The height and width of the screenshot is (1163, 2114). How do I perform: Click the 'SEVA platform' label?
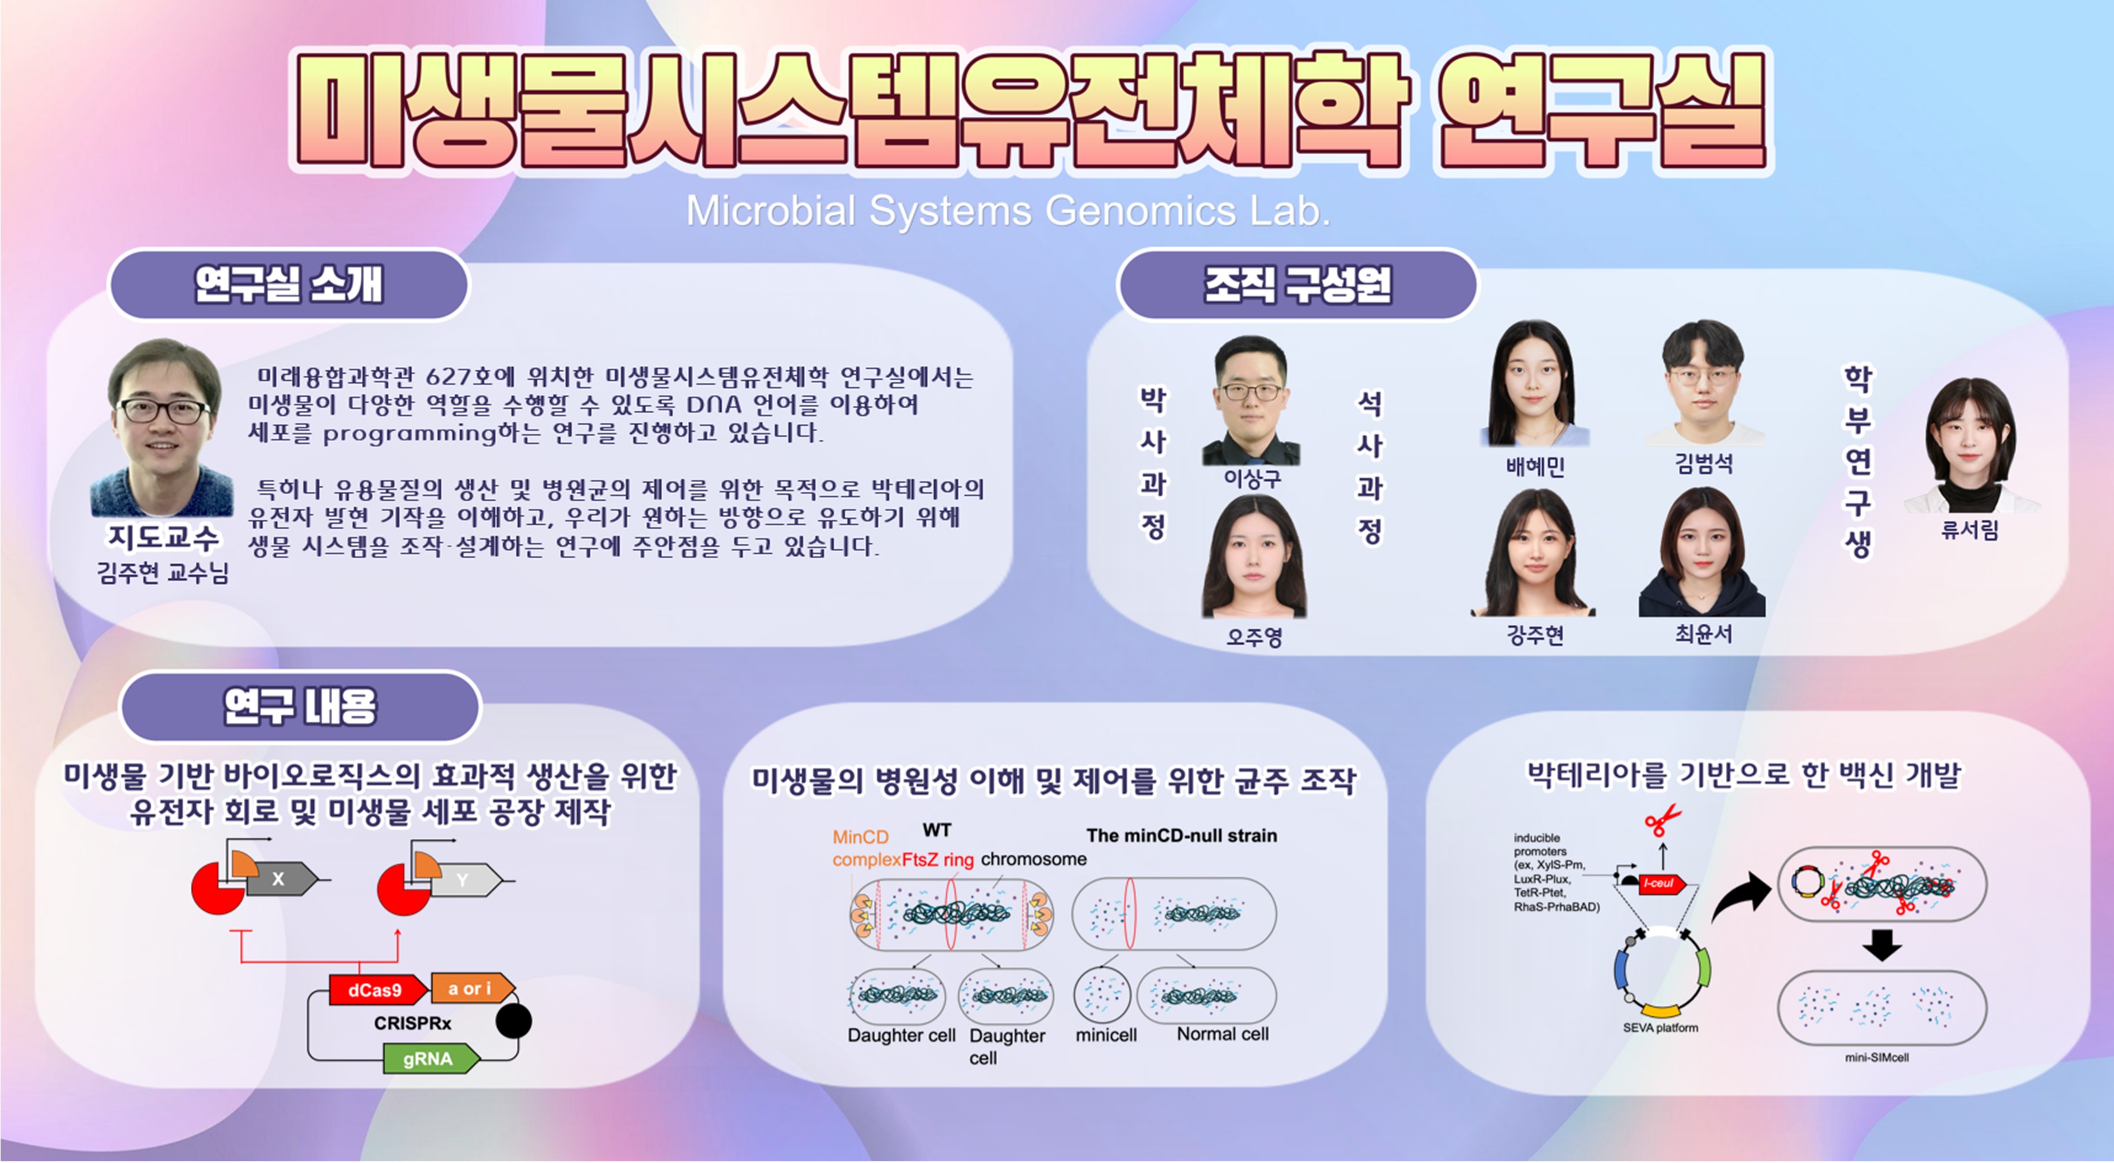pos(1660,1028)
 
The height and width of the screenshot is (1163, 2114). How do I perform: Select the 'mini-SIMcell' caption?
pos(1877,1058)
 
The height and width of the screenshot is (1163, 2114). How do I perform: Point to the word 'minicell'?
pos(1106,1035)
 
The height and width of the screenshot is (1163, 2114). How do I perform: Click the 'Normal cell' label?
pos(1223,1034)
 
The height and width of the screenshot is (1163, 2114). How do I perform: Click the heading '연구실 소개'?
pos(289,285)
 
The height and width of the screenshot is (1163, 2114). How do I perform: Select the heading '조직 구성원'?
pos(1297,285)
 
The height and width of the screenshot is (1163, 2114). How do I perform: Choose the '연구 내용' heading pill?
pos(300,707)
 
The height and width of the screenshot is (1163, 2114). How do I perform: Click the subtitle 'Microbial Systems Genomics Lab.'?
pos(1008,211)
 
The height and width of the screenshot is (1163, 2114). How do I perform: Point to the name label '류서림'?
pos(1970,530)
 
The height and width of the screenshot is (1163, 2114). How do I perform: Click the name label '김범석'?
pos(1704,464)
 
